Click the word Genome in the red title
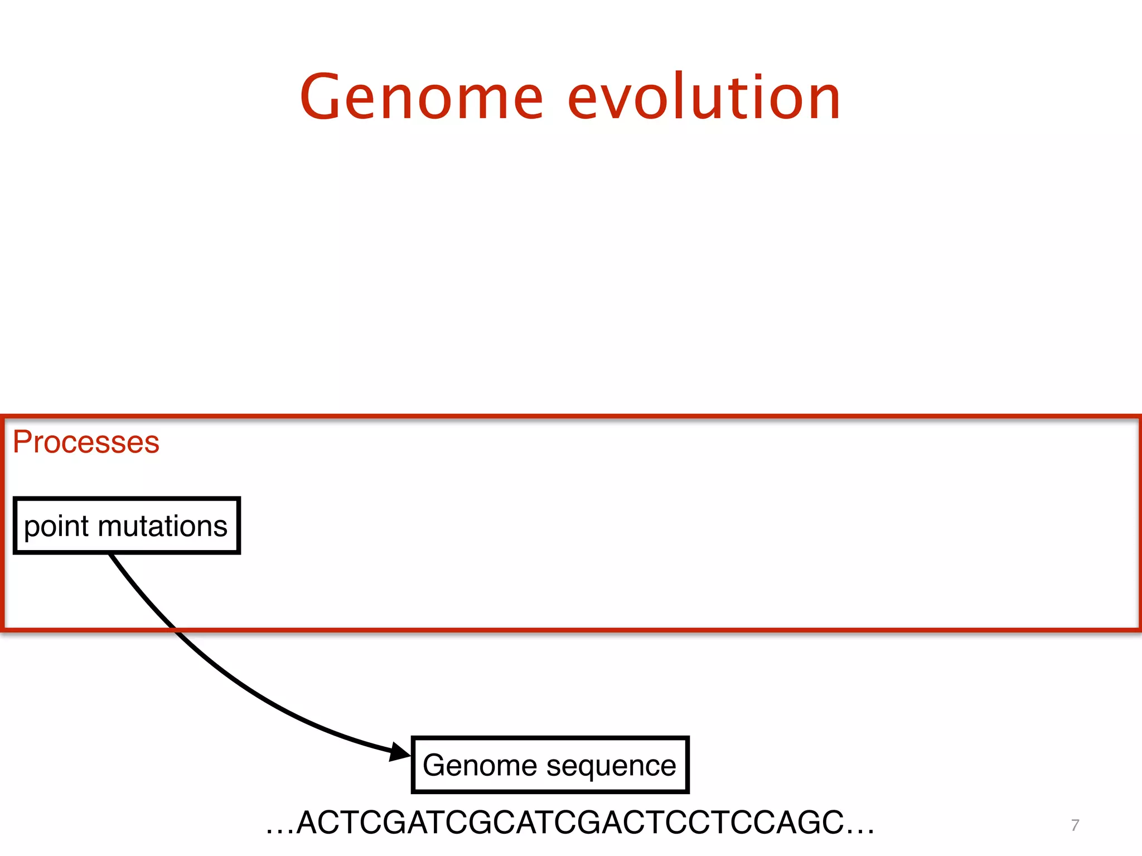tap(422, 98)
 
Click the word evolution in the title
tap(704, 98)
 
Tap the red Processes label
tap(86, 442)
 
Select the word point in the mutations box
tap(56, 527)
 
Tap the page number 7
tap(1075, 825)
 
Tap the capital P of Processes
tap(22, 442)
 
